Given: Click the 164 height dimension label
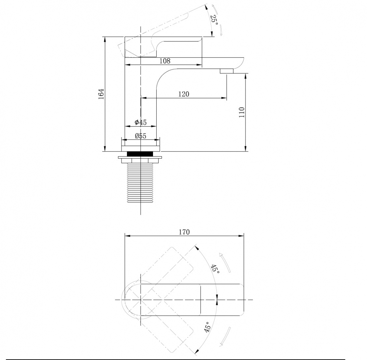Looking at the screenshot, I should point(102,94).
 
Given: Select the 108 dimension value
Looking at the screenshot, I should point(165,61).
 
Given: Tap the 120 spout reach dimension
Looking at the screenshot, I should point(183,94).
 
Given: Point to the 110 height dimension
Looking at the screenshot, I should point(241,112).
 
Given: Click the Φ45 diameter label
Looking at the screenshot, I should point(141,122).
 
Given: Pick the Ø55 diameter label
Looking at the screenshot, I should point(141,136).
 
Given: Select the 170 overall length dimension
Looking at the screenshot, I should point(184,232).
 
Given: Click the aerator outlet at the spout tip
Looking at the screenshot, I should point(226,71).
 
